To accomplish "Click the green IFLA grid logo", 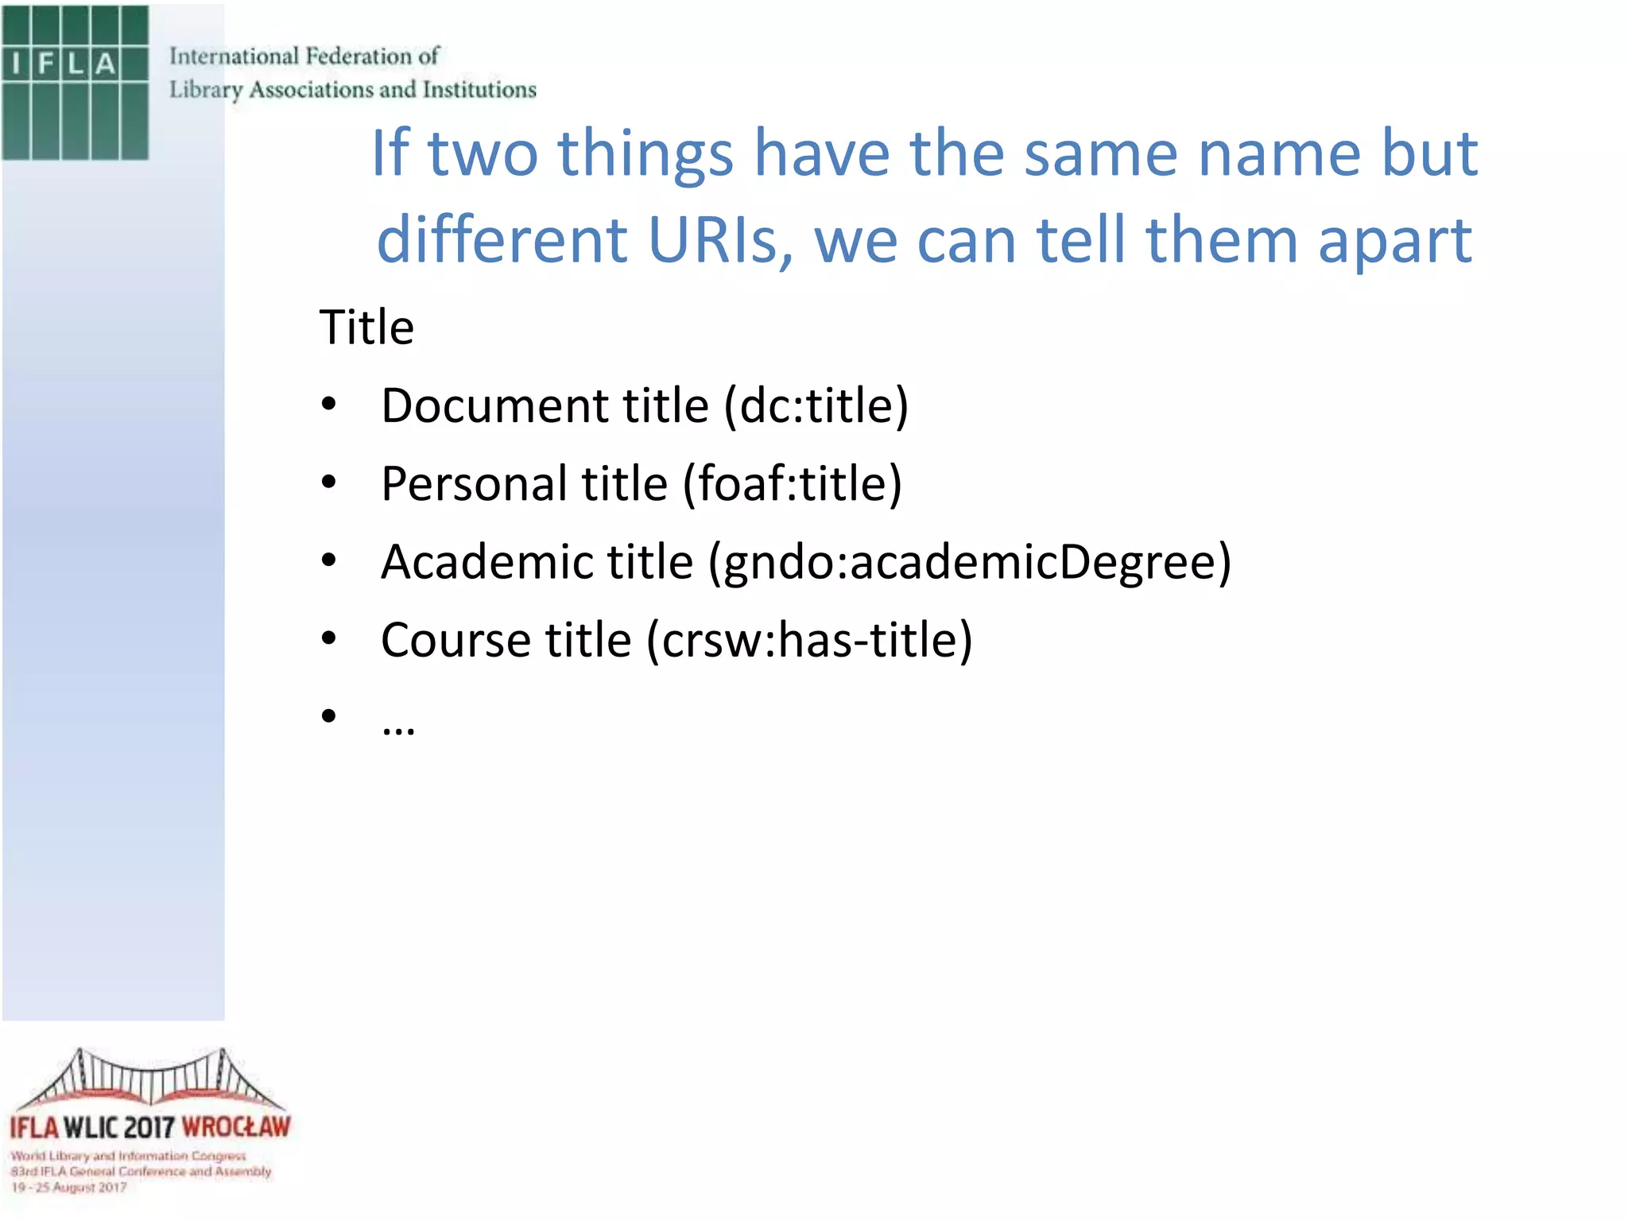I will pyautogui.click(x=76, y=83).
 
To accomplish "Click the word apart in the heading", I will pyautogui.click(x=1395, y=239).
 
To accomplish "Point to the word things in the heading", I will pyautogui.click(x=645, y=153).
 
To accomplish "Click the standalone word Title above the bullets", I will pyautogui.click(x=366, y=327).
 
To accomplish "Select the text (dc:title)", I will pyautogui.click(x=816, y=405).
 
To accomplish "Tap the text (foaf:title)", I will pyautogui.click(x=793, y=483).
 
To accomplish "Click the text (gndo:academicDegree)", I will pyautogui.click(x=970, y=562).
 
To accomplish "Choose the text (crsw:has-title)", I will pyautogui.click(x=809, y=640).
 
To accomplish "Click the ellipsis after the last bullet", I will pyautogui.click(x=397, y=727).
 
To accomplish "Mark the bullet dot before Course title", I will pyautogui.click(x=329, y=638).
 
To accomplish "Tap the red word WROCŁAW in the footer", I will pyautogui.click(x=236, y=1127).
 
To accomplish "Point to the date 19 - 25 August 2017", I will pyautogui.click(x=69, y=1188).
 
